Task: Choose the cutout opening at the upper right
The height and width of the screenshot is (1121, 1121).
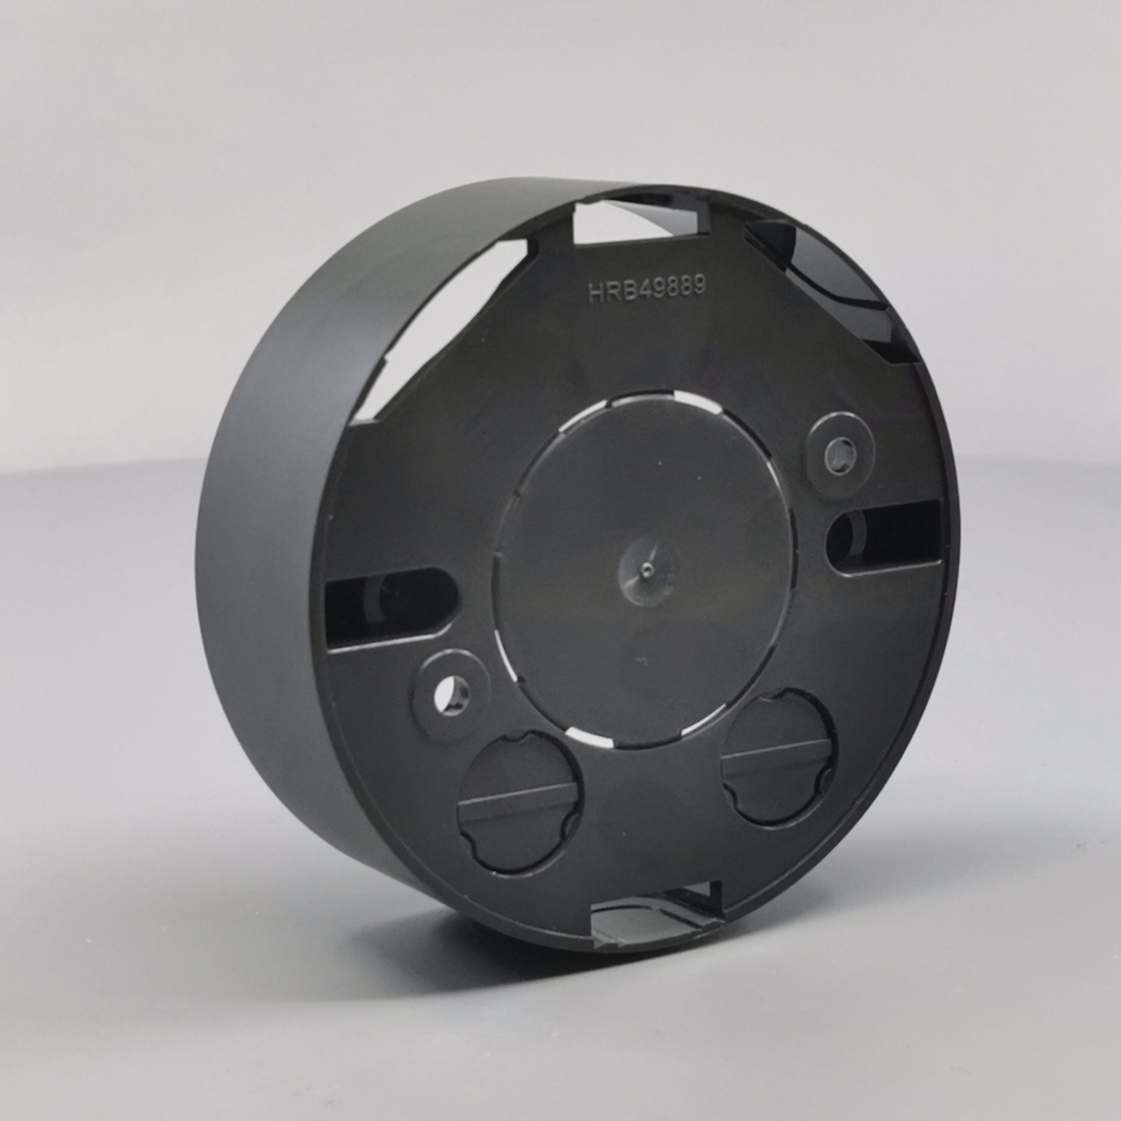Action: pos(836,273)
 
